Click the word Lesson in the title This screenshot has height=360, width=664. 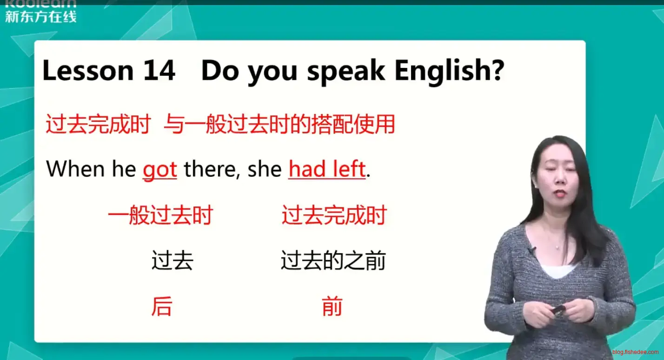(x=88, y=70)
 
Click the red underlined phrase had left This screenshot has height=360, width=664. (x=327, y=169)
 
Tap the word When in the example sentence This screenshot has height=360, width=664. (x=75, y=169)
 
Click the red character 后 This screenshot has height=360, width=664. (x=162, y=306)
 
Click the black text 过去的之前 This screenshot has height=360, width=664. (x=333, y=260)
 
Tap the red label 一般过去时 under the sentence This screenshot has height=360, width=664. (x=160, y=215)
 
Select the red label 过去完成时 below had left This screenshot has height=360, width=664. (x=334, y=215)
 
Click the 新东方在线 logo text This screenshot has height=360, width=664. (x=41, y=16)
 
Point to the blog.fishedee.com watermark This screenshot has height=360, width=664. (x=636, y=352)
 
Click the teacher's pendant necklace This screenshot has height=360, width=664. (x=558, y=247)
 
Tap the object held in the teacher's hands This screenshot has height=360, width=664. (x=558, y=311)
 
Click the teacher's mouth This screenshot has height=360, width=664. (x=560, y=193)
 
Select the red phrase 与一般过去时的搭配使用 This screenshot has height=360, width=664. (x=279, y=124)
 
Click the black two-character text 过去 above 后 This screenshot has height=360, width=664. (x=173, y=260)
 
